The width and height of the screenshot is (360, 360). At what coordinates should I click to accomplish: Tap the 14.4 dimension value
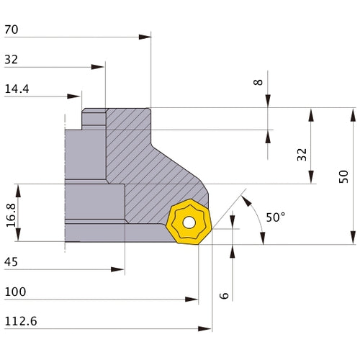coord(17,90)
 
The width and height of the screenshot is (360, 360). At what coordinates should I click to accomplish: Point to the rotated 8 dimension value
coord(258,82)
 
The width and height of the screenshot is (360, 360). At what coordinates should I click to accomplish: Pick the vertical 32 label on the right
coord(302,154)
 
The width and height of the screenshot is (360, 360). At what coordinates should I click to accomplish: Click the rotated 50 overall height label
coord(343,176)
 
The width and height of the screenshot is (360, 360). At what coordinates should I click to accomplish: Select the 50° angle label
coord(275,217)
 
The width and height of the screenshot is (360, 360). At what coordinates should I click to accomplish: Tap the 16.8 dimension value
coord(11,214)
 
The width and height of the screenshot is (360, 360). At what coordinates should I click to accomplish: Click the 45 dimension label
coord(12,262)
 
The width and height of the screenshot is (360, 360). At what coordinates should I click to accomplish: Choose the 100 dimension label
coord(15,292)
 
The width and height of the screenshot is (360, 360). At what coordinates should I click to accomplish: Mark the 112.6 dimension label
coord(19,321)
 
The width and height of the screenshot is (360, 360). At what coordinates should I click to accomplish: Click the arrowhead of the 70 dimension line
coord(146,36)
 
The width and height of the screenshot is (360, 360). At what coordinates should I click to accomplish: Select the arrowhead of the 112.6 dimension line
coord(207,328)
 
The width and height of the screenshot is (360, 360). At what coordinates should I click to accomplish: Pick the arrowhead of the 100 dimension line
coord(193,299)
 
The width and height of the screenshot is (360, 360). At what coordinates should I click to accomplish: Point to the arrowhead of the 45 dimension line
coord(120,269)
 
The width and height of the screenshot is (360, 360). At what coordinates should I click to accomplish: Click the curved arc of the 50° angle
coord(258,216)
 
